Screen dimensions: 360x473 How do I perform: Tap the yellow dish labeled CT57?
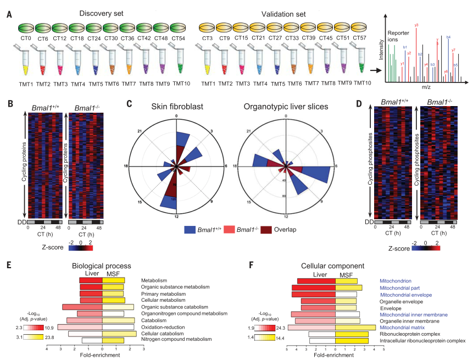pyautogui.click(x=360, y=27)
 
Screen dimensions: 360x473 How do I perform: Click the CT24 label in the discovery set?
pyautogui.click(x=93, y=38)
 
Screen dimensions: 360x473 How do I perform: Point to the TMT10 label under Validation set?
pyautogui.click(x=362, y=83)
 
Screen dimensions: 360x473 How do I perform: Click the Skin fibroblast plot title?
pyautogui.click(x=176, y=107)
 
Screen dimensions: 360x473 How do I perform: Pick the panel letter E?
pyautogui.click(x=8, y=265)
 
